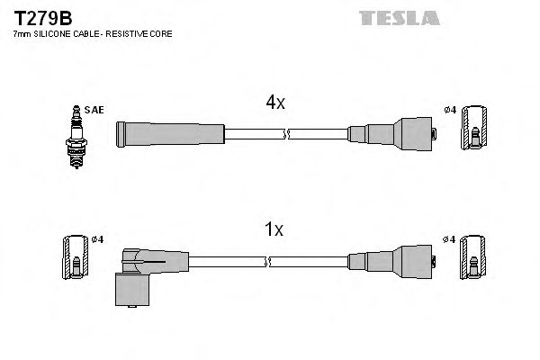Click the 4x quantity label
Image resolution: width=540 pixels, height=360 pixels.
[x=274, y=103]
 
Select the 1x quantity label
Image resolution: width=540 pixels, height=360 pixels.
[x=274, y=229]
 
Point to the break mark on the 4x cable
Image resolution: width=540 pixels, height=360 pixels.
[x=285, y=134]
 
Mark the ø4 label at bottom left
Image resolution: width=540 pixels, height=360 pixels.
[x=98, y=238]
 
